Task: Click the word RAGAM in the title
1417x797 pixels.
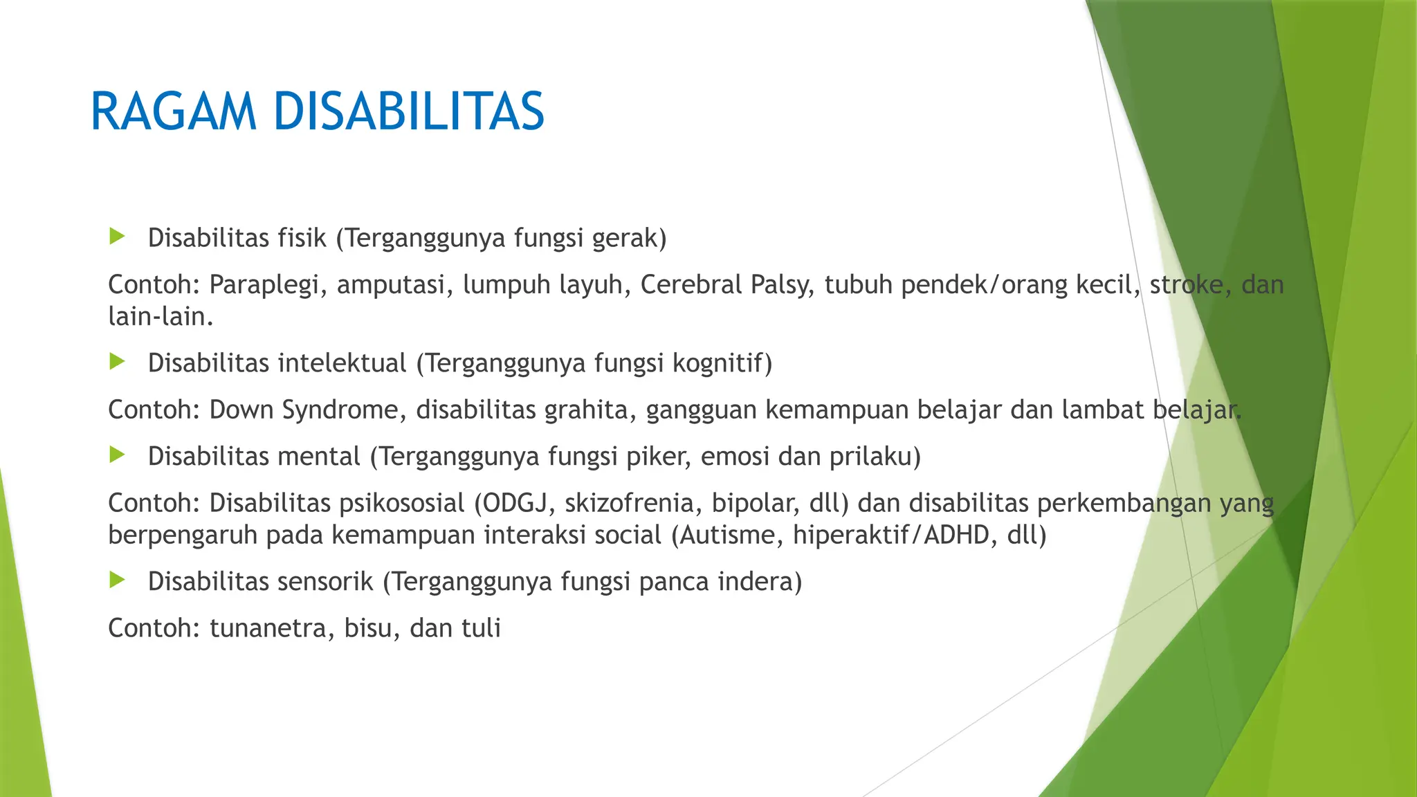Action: pos(173,111)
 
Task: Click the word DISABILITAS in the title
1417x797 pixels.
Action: pos(408,111)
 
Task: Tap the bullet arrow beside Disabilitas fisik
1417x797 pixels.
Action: pos(117,237)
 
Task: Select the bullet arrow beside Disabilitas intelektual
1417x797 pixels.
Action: pos(117,362)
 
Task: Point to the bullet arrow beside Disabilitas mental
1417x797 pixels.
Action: pos(117,455)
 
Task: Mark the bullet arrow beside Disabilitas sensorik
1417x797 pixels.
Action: pos(117,580)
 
